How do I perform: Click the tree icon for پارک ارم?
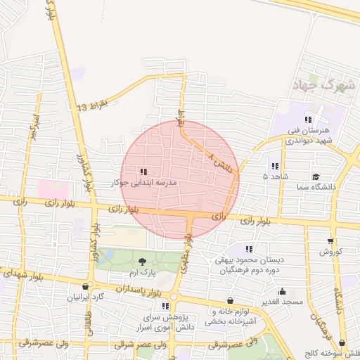click(x=143, y=262)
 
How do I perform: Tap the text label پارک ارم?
click(x=143, y=271)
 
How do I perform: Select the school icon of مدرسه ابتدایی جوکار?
click(x=144, y=172)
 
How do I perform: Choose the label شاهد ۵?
click(x=276, y=176)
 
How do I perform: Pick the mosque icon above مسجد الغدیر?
click(x=283, y=291)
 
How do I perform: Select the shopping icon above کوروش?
click(x=330, y=241)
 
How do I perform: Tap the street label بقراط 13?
click(x=94, y=105)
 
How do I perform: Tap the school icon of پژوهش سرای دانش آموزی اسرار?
click(x=165, y=307)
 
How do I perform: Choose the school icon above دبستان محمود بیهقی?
click(x=248, y=249)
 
